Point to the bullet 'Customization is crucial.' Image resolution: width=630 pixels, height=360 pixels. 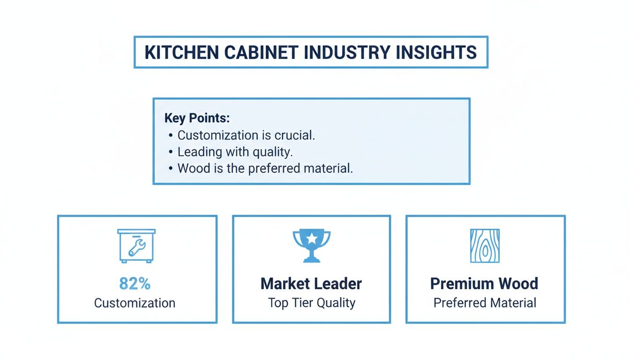[246, 135]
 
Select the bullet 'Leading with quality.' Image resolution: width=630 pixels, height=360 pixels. [235, 152]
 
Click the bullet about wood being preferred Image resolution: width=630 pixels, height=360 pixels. [265, 168]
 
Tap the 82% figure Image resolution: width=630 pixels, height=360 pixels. [135, 284]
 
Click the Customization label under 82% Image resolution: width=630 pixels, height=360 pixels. [135, 303]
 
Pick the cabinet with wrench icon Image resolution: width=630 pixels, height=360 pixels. [136, 245]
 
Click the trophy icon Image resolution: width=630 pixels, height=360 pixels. [311, 245]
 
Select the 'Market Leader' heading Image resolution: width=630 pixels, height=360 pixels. [311, 284]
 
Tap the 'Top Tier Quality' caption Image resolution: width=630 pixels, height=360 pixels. [311, 303]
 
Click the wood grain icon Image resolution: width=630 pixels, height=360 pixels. [485, 246]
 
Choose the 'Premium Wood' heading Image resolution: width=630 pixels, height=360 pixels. [484, 284]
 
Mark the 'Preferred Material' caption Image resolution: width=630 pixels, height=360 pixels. [485, 303]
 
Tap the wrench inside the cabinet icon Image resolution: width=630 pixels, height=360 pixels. [137, 247]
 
